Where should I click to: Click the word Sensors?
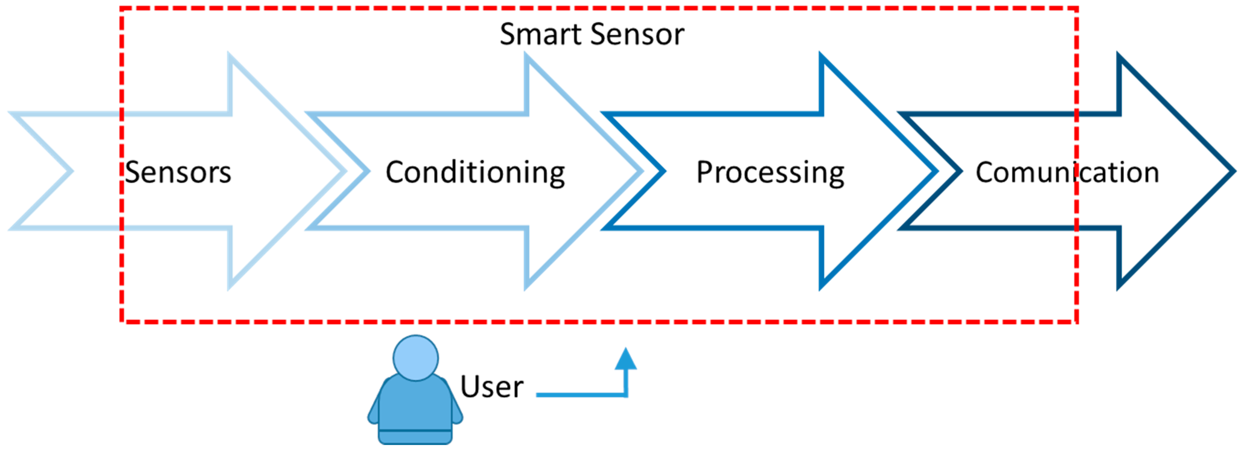click(178, 172)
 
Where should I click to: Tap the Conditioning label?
click(475, 172)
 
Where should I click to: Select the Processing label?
click(770, 172)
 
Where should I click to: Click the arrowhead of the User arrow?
click(626, 359)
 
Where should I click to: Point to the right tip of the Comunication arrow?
click(1233, 171)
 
